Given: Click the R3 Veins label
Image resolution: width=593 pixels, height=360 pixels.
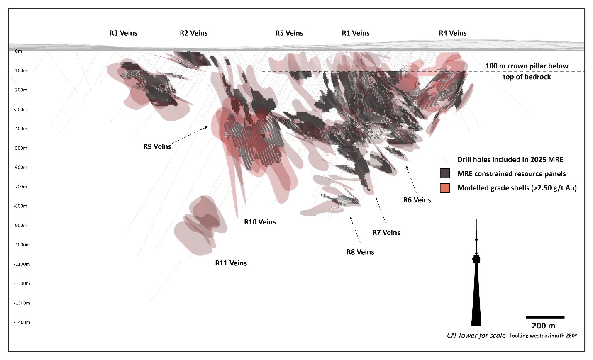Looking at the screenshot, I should click(x=123, y=33).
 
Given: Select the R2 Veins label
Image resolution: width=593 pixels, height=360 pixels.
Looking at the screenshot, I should click(x=193, y=33).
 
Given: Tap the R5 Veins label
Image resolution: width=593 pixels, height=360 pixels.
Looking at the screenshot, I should click(x=289, y=33).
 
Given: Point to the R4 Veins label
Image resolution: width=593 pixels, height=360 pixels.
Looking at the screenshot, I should click(x=453, y=33).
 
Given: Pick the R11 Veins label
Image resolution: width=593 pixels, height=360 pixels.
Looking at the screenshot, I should click(x=231, y=263).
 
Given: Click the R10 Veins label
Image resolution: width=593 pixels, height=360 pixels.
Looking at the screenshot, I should click(x=260, y=222).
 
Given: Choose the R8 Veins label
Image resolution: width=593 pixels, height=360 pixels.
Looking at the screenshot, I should click(x=360, y=252).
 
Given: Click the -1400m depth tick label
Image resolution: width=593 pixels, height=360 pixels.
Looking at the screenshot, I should click(x=22, y=322).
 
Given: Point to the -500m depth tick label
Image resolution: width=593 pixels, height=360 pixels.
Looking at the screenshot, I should click(x=20, y=148).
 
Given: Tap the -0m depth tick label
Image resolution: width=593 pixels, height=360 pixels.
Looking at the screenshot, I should click(x=18, y=51).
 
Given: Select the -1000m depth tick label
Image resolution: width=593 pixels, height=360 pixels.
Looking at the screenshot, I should click(x=22, y=245).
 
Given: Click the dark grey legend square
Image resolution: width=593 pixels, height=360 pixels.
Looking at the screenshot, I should click(x=445, y=173).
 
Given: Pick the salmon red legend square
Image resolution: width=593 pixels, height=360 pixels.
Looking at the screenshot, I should click(x=445, y=188).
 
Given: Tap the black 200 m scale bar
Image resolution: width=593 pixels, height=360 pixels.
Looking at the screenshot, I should click(x=545, y=317).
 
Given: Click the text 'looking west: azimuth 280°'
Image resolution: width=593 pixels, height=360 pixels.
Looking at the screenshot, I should click(x=543, y=336).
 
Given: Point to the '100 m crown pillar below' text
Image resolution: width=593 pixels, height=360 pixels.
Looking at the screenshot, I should click(x=527, y=66).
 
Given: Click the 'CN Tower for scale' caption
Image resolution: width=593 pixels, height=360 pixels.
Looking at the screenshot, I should click(x=476, y=336).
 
